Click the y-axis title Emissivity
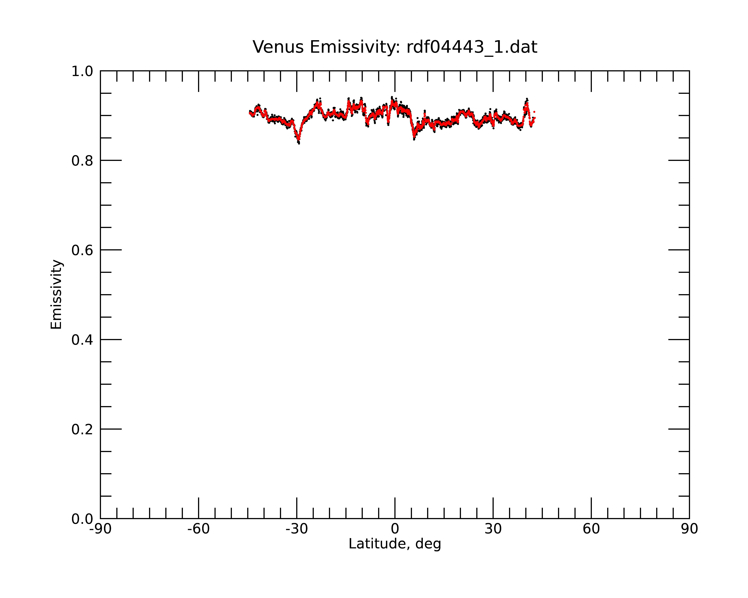tap(56, 294)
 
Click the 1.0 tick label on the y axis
tap(82, 71)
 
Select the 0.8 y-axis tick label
tap(82, 161)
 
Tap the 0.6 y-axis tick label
tap(82, 250)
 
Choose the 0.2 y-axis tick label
tap(82, 429)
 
